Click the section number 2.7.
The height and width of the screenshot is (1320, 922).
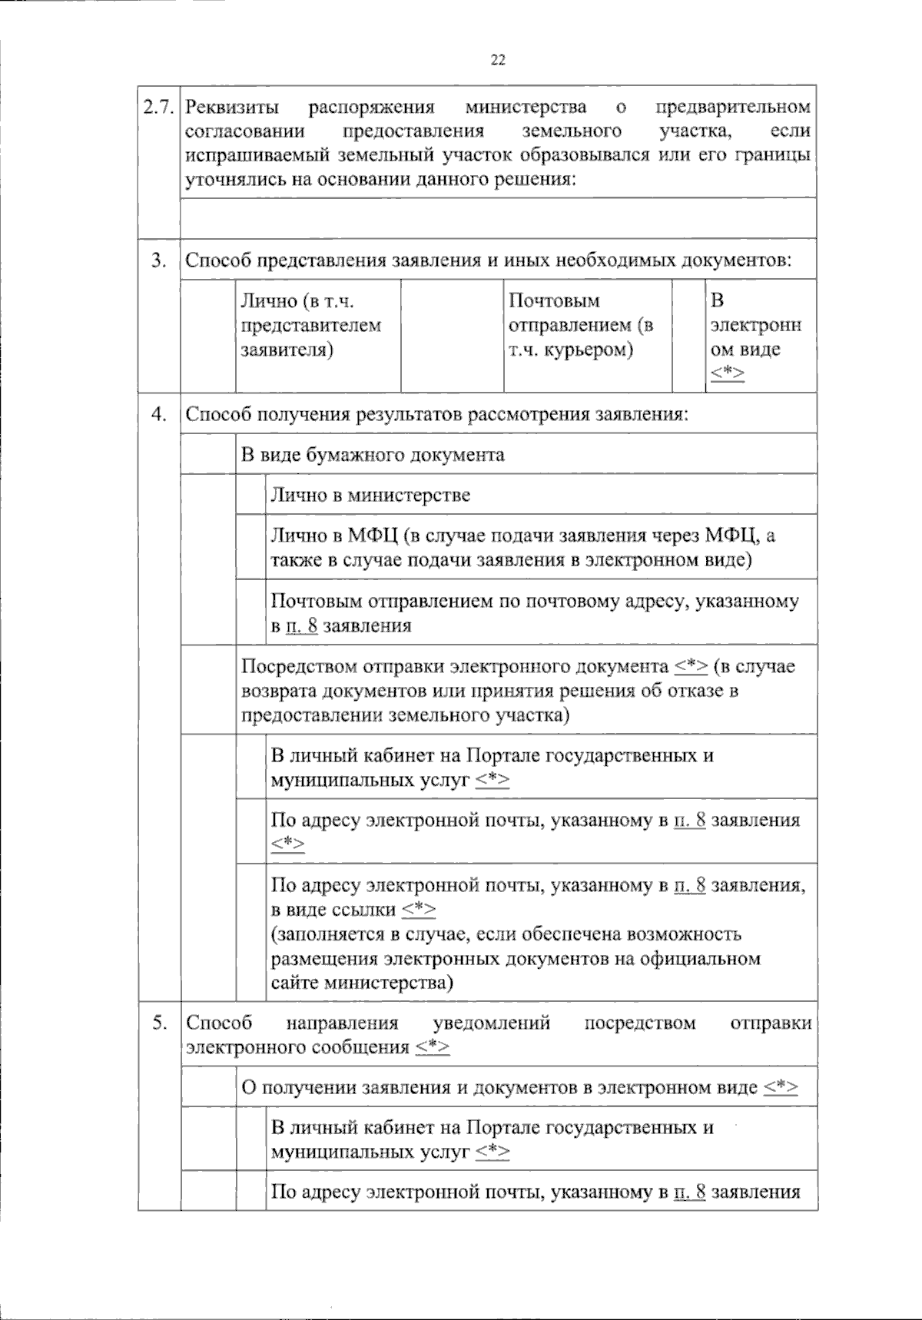(160, 106)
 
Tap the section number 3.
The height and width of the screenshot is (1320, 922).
(159, 260)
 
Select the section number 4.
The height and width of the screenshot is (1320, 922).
(159, 414)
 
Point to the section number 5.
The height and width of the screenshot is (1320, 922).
(159, 1023)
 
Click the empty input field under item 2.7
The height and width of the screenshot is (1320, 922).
(498, 218)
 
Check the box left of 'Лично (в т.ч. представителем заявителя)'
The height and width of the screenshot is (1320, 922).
(208, 335)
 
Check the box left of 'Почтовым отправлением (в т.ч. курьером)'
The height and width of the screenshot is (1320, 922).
(452, 335)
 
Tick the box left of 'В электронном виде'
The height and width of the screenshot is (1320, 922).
(688, 335)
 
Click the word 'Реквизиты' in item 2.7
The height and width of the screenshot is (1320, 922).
(233, 107)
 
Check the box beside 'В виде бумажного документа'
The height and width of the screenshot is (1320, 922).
(208, 454)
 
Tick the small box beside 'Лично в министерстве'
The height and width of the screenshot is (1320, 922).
(251, 494)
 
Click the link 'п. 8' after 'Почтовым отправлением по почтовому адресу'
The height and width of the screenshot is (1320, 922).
(301, 625)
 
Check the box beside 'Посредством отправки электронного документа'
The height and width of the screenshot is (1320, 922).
(208, 690)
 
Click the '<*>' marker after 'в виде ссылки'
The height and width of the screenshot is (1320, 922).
(419, 910)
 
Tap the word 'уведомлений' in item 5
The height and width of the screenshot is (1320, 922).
(493, 1023)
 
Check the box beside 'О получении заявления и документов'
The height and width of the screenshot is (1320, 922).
(208, 1087)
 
